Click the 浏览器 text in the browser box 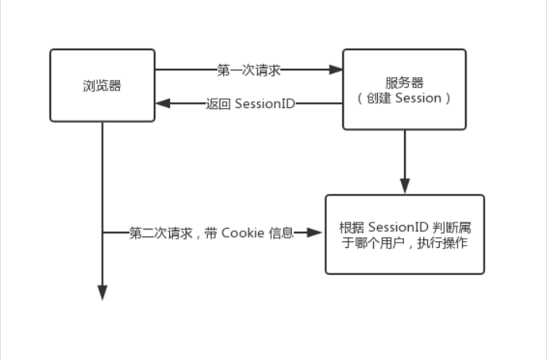pyautogui.click(x=102, y=86)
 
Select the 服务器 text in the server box pyautogui.click(x=404, y=83)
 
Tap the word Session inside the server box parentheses pyautogui.click(x=417, y=99)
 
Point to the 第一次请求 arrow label pyautogui.click(x=249, y=70)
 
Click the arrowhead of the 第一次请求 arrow pyautogui.click(x=336, y=70)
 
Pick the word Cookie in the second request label pyautogui.click(x=243, y=233)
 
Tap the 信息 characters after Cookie pyautogui.click(x=281, y=233)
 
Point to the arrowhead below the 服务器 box pyautogui.click(x=404, y=187)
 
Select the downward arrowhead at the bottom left pyautogui.click(x=102, y=293)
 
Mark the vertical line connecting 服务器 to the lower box pyautogui.click(x=404, y=155)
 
